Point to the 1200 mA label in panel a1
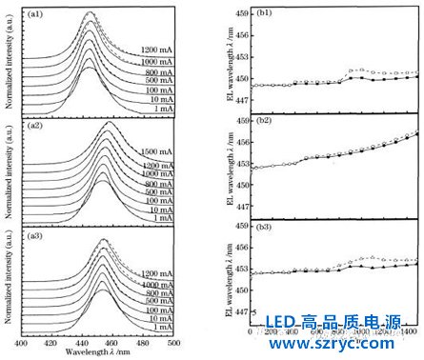click(156, 49)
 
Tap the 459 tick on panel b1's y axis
click(241, 13)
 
